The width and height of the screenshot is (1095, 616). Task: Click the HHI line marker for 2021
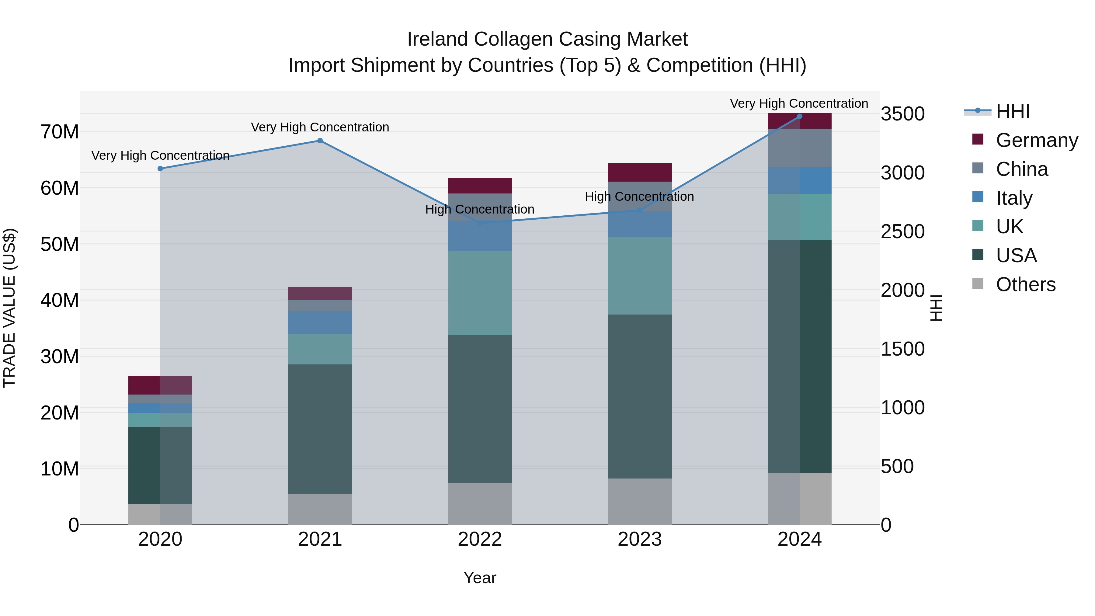320,141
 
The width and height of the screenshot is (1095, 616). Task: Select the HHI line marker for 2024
800,117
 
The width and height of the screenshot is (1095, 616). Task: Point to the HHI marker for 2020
160,169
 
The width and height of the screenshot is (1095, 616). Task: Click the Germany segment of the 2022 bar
480,186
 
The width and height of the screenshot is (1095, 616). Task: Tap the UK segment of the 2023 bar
640,276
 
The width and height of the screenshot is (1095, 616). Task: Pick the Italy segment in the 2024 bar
800,181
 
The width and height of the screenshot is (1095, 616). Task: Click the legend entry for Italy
1014,198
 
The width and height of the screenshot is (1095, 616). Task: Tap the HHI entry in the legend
1013,111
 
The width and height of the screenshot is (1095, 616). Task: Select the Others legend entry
1025,284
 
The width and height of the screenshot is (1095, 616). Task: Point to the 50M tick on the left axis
60,245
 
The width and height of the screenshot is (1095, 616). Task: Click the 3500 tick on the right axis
902,114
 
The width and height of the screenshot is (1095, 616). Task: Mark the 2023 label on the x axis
640,539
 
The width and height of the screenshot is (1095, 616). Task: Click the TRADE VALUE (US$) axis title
9,308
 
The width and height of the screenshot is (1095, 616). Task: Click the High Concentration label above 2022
480,209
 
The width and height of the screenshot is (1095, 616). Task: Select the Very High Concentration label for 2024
799,103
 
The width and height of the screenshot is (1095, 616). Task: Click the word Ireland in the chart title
437,39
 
